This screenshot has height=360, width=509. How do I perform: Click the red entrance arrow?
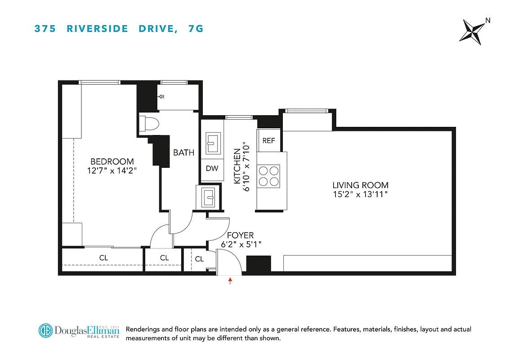tap(230, 281)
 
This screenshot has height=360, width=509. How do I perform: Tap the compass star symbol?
tap(473, 32)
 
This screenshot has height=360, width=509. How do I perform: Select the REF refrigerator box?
tap(268, 140)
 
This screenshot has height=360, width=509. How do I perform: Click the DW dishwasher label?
tap(212, 169)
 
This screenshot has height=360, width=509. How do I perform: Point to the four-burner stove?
tap(268, 175)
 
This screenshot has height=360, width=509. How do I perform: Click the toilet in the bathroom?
tap(147, 123)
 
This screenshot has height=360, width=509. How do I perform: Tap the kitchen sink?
tap(212, 143)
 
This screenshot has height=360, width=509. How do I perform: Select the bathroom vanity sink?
tap(208, 196)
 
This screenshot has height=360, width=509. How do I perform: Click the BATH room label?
tap(184, 153)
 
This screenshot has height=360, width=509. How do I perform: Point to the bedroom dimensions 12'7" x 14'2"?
tap(112, 171)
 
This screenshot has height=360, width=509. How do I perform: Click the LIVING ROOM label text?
tap(360, 185)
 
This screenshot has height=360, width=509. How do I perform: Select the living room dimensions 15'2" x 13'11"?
tap(360, 194)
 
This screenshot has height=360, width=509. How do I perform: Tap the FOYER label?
tap(240, 235)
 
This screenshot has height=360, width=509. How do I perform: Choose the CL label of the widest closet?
tap(103, 258)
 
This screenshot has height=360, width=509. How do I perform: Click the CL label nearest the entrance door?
tap(199, 259)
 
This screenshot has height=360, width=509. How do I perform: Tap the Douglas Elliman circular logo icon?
tap(45, 331)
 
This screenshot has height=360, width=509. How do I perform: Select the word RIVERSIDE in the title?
tap(94, 29)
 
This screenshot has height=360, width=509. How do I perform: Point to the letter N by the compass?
tap(488, 20)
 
